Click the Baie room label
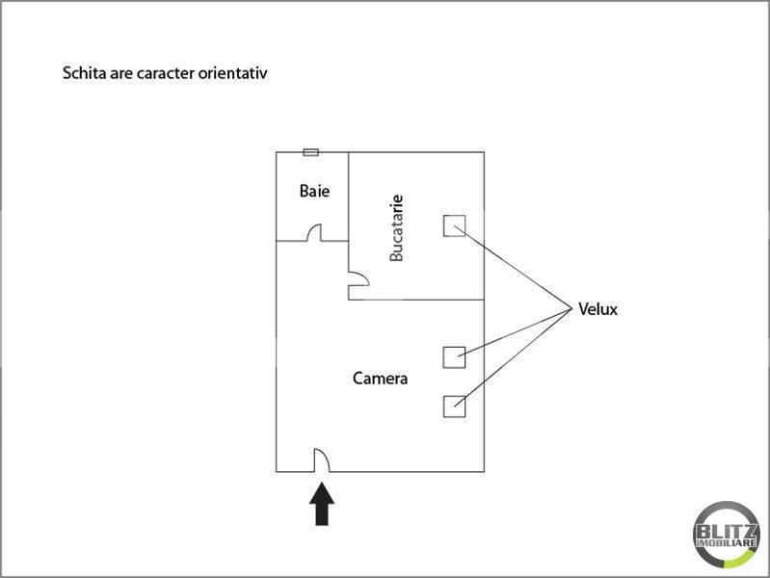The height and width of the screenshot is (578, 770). coord(314,191)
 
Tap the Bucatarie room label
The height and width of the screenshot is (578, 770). coord(396,228)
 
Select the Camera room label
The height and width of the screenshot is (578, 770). coord(380,379)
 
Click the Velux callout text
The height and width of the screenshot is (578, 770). coord(597,309)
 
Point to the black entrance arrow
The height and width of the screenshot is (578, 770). coord(322,504)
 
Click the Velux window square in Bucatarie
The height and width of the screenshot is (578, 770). coord(454,225)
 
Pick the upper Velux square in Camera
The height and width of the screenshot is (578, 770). coord(454,357)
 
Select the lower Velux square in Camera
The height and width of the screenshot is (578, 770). coord(454,407)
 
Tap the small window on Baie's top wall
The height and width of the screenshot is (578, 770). coord(311,152)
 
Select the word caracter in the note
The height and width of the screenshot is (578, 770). coord(166,73)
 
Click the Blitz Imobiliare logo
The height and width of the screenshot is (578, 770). coord(727,535)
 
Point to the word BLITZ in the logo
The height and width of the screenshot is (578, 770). coord(727,532)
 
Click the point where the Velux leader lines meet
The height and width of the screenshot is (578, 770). coord(572,309)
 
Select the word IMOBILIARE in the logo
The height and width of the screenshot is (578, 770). coord(727,543)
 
